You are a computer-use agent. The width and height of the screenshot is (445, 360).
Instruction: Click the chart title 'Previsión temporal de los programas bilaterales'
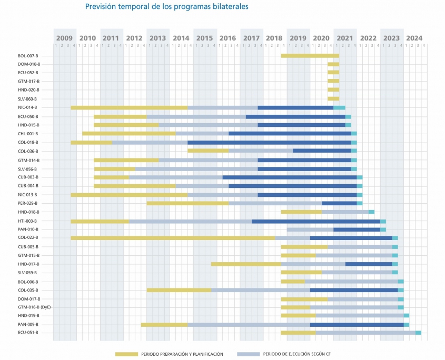[166, 7]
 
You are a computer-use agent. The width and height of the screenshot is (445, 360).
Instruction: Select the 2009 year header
[64, 38]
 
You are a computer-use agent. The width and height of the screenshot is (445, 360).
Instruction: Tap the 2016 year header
[228, 38]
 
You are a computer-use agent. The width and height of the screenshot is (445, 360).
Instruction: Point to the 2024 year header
[414, 38]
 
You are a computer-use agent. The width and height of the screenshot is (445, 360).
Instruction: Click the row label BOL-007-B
[28, 55]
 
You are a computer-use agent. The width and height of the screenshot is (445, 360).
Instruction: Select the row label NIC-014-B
[28, 107]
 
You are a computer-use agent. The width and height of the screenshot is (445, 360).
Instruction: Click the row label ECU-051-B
[28, 333]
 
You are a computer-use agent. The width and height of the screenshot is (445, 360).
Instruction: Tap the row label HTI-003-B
[27, 221]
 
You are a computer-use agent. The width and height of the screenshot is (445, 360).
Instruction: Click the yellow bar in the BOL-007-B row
[310, 55]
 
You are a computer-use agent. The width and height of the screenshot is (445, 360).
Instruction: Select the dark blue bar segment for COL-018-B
[269, 142]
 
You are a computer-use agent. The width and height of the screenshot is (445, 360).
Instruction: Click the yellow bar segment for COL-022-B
[173, 238]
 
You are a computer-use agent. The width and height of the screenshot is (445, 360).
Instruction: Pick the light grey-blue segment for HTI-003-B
[190, 221]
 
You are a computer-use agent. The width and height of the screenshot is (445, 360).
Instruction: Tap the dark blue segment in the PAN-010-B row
[357, 229]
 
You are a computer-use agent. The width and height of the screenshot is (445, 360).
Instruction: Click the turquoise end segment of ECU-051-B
[418, 333]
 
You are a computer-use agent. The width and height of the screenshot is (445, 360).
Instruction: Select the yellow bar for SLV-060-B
[333, 98]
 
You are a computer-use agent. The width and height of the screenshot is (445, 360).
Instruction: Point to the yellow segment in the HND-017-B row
[246, 264]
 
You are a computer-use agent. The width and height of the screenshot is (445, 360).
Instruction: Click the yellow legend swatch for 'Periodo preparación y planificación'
[126, 354]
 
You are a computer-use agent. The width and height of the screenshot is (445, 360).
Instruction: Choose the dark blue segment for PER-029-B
[339, 203]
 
